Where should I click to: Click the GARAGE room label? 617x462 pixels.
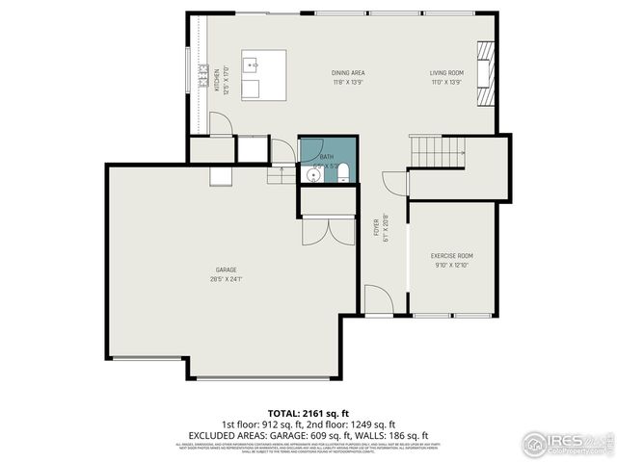[x=227, y=269]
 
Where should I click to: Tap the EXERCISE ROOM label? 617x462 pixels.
[x=452, y=255]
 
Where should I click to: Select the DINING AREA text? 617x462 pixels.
[x=348, y=73]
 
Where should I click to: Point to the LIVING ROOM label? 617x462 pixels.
[x=447, y=73]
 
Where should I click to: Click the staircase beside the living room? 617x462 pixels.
[x=437, y=148]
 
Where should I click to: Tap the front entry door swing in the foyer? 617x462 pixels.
[x=379, y=301]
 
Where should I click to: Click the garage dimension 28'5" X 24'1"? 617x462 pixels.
[x=227, y=279]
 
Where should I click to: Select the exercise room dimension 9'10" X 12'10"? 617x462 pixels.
[x=452, y=265]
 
